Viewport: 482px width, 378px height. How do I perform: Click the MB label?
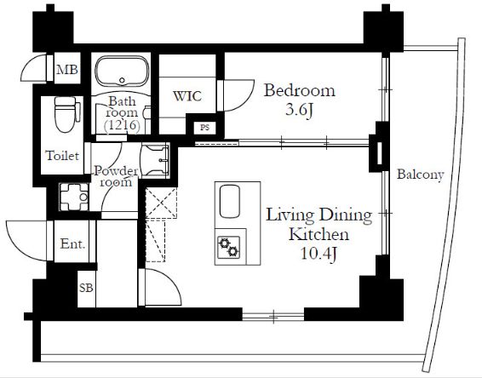pos(67,70)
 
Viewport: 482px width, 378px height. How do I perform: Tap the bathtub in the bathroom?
pos(122,71)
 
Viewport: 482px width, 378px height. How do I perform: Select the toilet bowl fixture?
pos(66,114)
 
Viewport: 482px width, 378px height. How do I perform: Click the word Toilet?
pos(62,156)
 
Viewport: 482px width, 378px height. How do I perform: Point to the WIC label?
pos(187,96)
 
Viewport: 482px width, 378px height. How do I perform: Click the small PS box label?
pos(204,127)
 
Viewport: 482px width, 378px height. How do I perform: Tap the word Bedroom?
pos(300,90)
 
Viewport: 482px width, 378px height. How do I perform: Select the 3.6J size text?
pos(300,110)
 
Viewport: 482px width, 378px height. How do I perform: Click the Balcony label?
pos(421,175)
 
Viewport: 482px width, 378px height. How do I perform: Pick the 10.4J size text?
pos(318,254)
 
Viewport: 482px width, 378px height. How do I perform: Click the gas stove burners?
pos(229,248)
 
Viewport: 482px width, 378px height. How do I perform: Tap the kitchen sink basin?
pos(230,201)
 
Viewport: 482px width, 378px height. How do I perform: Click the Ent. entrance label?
pos(72,244)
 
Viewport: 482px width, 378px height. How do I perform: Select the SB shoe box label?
pos(86,288)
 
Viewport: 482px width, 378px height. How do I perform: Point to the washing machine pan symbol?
pos(74,198)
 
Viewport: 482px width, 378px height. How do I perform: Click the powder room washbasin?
pos(155,160)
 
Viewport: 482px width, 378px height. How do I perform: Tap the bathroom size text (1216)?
pos(122,125)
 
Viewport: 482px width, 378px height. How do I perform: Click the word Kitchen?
pos(318,234)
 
